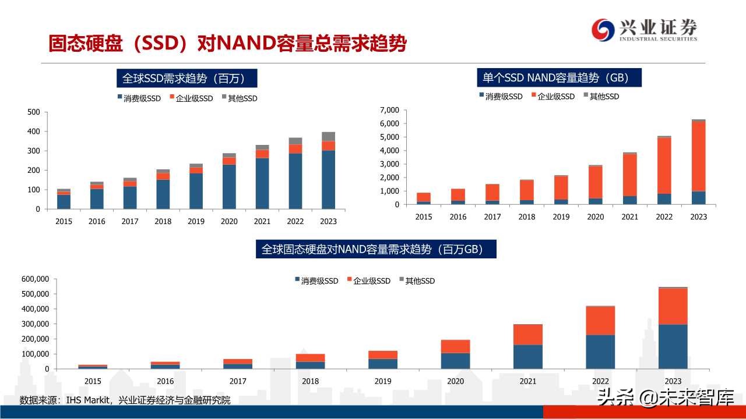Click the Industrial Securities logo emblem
tap(603, 30)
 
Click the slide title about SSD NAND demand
tap(227, 44)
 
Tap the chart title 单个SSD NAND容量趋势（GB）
tap(559, 77)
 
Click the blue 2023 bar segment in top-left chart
tap(328, 179)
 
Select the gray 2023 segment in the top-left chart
tap(328, 136)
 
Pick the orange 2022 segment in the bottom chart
tap(600, 320)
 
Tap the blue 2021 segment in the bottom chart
tap(527, 357)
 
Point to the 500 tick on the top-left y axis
tap(34, 112)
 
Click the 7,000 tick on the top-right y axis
tap(389, 110)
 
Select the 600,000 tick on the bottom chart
tap(34, 279)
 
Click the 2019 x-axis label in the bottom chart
tap(383, 381)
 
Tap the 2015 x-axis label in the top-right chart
tap(424, 216)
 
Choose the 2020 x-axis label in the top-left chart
tap(228, 221)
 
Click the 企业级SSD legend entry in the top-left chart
tap(191, 98)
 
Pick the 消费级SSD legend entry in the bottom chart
tap(316, 280)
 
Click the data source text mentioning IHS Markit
tap(125, 400)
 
